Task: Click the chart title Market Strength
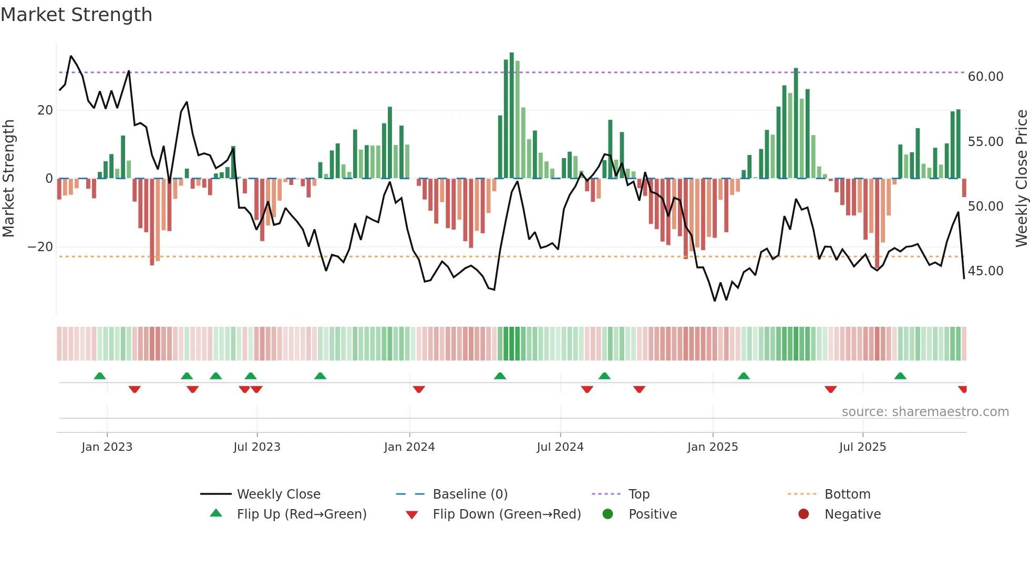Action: (x=76, y=15)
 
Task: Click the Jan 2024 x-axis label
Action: (x=409, y=447)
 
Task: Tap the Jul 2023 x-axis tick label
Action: (x=257, y=447)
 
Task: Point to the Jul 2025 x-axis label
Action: (x=862, y=447)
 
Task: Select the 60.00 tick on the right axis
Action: (x=985, y=77)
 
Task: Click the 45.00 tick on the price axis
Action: (x=985, y=271)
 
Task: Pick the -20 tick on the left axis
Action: (x=40, y=247)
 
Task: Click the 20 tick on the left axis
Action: (x=45, y=110)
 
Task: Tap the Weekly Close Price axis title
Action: (x=1021, y=179)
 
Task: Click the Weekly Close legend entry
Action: (x=278, y=494)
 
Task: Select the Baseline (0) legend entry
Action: (x=470, y=494)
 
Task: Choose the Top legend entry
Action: (x=639, y=494)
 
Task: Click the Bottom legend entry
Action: (x=847, y=494)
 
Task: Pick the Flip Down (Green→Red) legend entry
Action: (x=507, y=514)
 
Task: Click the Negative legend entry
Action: (x=852, y=514)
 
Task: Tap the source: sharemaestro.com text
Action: (x=925, y=412)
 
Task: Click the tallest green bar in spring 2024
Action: (x=512, y=116)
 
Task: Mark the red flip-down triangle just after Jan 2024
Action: (x=419, y=389)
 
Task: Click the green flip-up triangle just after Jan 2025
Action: (x=744, y=376)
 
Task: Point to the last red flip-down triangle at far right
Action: (x=963, y=389)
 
